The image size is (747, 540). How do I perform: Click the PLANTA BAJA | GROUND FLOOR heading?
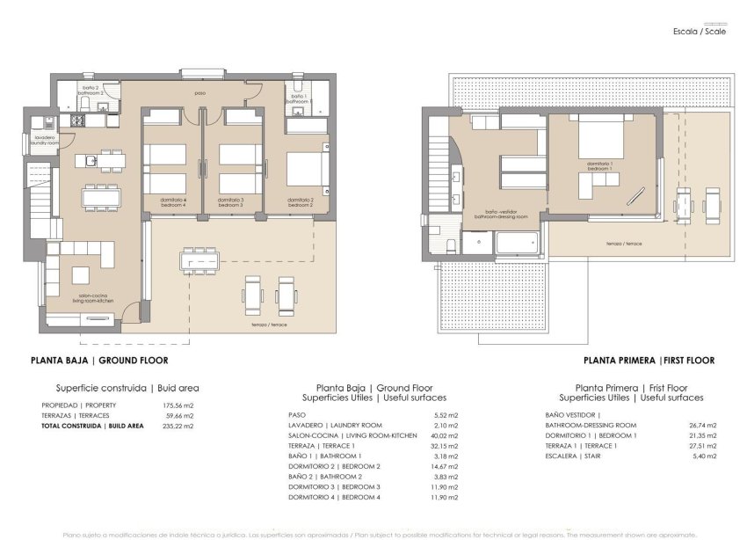[x=98, y=361]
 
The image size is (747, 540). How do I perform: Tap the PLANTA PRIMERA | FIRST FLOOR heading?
[x=649, y=361]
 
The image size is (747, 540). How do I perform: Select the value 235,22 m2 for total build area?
[x=178, y=426]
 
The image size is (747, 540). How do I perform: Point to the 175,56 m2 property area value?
[x=178, y=405]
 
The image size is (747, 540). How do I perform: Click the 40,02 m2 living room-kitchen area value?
[x=446, y=435]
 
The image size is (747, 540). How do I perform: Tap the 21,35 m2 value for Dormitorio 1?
[x=704, y=435]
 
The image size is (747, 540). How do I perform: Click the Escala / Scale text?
[x=700, y=31]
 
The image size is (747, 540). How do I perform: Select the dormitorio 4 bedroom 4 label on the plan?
[x=172, y=201]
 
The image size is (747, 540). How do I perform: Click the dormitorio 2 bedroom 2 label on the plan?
[x=301, y=201]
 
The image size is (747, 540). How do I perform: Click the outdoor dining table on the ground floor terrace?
[x=199, y=259]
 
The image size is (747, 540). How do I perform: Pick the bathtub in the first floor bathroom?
[x=519, y=243]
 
